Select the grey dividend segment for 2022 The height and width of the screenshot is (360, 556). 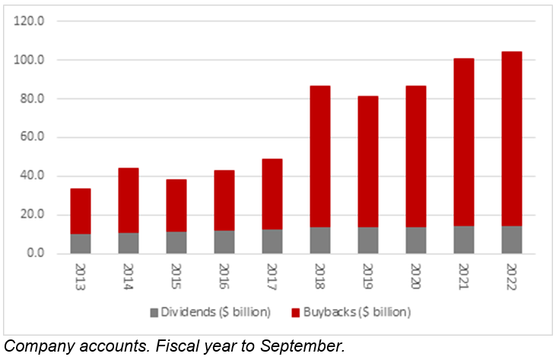511,239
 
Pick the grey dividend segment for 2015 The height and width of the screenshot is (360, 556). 176,242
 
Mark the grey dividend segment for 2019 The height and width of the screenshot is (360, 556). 367,240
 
